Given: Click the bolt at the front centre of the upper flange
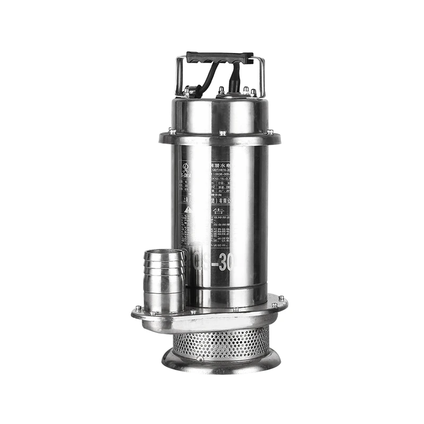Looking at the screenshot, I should tap(223, 133).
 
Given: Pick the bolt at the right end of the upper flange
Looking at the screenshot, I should tap(270, 131).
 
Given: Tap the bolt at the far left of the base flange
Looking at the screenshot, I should tap(138, 308).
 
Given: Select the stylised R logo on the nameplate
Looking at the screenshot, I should tap(184, 168).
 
